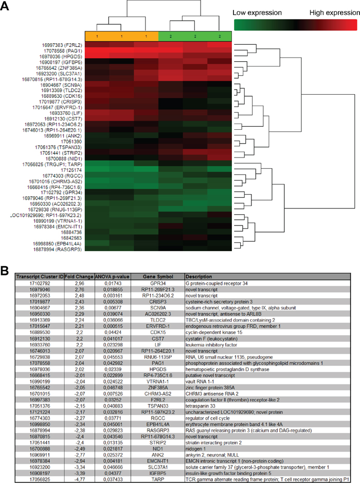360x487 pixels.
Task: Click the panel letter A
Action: click(5, 6)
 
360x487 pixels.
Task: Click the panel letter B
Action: click(4, 270)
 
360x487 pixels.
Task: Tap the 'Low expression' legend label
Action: click(257, 13)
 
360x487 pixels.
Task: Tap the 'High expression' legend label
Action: click(335, 13)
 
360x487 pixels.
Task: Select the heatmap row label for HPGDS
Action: click(61, 57)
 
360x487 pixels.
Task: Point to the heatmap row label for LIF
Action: click(66, 113)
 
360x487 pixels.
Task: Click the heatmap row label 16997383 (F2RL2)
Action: click(62, 45)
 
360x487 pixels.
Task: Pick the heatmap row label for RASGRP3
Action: click(58, 249)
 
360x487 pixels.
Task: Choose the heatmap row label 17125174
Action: click(71, 170)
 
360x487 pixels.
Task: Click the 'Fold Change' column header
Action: click(79, 276)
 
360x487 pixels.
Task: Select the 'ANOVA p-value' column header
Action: click(112, 276)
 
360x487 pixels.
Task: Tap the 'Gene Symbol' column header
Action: click(158, 276)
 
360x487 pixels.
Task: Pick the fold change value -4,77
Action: click(79, 479)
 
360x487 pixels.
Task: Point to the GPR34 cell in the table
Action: click(158, 283)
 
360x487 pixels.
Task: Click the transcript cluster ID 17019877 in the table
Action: click(40, 302)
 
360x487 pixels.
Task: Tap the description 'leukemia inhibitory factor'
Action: click(211, 345)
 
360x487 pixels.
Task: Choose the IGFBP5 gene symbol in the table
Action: click(158, 473)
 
